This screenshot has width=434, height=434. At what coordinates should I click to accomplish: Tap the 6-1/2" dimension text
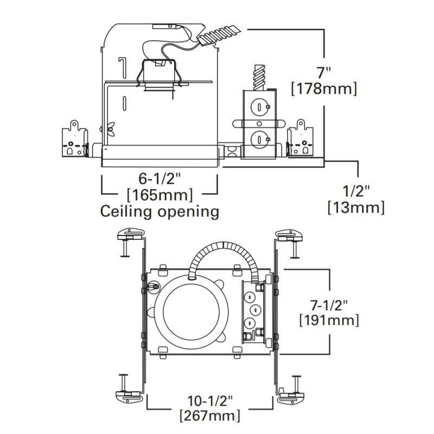tap(159, 177)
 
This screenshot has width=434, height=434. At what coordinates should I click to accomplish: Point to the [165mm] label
tap(159, 194)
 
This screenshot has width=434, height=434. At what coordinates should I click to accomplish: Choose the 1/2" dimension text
tap(356, 190)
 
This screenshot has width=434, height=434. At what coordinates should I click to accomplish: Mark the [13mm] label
tap(356, 207)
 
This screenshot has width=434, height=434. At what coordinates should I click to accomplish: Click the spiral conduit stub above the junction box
tap(260, 76)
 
